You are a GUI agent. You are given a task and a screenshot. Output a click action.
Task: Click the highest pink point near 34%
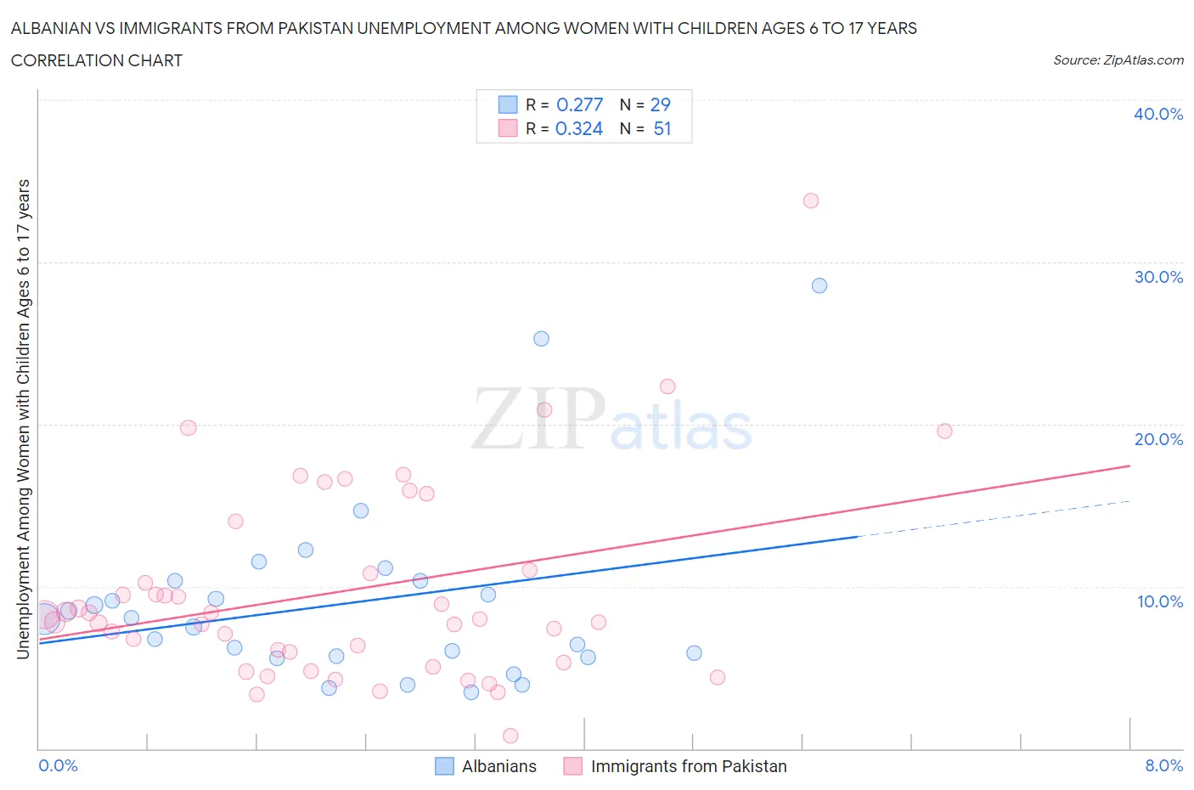[x=810, y=200]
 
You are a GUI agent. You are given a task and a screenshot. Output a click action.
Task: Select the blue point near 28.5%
[x=819, y=285]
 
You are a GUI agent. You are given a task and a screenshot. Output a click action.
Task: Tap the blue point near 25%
[x=541, y=339]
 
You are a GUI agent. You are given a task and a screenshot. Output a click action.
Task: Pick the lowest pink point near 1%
[x=510, y=736]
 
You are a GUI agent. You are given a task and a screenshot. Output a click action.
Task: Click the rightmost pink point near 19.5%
[x=944, y=431]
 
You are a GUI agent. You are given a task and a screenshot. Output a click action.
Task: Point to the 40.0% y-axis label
[x=1158, y=114]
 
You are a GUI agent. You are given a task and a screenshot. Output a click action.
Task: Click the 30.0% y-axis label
[x=1158, y=277]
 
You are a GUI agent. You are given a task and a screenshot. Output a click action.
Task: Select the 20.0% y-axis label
[x=1158, y=439]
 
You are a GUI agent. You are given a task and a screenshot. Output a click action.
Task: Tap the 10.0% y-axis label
[x=1159, y=601]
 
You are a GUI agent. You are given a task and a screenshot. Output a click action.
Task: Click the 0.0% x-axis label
[x=59, y=765]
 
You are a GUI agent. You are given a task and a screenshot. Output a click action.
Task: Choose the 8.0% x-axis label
[x=1163, y=765]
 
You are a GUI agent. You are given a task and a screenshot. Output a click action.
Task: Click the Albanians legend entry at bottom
[x=498, y=766]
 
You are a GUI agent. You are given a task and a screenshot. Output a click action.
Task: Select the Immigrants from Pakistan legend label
[x=688, y=766]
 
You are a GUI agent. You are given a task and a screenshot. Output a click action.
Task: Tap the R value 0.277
[x=579, y=104]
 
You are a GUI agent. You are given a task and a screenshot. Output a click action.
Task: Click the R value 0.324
[x=579, y=128]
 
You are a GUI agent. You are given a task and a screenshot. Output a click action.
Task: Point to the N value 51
[x=662, y=128]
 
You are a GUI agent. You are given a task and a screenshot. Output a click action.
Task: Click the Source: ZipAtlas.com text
[x=1118, y=59]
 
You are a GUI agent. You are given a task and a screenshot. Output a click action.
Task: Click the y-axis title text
[x=24, y=419]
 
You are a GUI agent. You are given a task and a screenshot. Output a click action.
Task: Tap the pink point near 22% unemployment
[x=667, y=387]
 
